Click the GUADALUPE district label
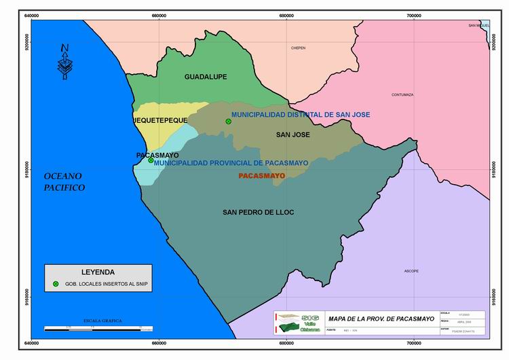click(206, 77)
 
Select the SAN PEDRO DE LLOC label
click(258, 213)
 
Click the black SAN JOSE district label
click(293, 135)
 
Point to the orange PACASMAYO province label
click(262, 176)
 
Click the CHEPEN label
click(298, 48)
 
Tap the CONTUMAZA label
click(402, 95)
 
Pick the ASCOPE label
click(411, 271)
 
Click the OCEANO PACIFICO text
click(64, 181)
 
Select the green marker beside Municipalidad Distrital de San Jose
click(229, 122)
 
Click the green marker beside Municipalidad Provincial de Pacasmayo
click(151, 160)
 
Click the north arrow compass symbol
click(64, 62)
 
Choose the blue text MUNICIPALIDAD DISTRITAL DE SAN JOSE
click(301, 115)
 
